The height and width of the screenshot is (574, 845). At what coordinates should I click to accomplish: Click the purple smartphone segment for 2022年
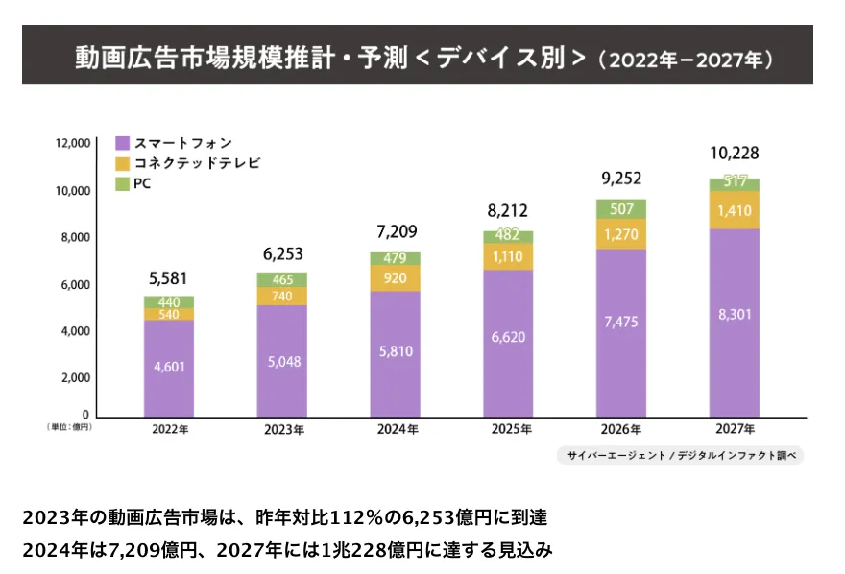tap(169, 368)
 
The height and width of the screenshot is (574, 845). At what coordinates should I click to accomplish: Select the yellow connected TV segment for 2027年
tap(734, 210)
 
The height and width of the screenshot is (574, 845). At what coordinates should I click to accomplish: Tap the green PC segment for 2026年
tap(620, 208)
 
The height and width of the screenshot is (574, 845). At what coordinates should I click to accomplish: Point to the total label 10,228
tap(734, 155)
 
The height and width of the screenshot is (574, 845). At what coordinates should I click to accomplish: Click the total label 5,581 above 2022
tap(169, 279)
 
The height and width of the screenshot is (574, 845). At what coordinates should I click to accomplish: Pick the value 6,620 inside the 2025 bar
tap(507, 339)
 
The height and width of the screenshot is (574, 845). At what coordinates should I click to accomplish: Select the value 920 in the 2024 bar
tap(395, 278)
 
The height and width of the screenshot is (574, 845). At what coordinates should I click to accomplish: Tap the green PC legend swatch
tap(122, 182)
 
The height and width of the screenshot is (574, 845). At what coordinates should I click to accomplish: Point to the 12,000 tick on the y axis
tap(73, 143)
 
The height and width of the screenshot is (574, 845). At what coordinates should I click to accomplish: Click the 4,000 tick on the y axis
tap(76, 331)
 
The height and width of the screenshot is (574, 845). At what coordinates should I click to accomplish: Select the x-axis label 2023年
tap(282, 430)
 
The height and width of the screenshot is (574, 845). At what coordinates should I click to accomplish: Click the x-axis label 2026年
tap(620, 429)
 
